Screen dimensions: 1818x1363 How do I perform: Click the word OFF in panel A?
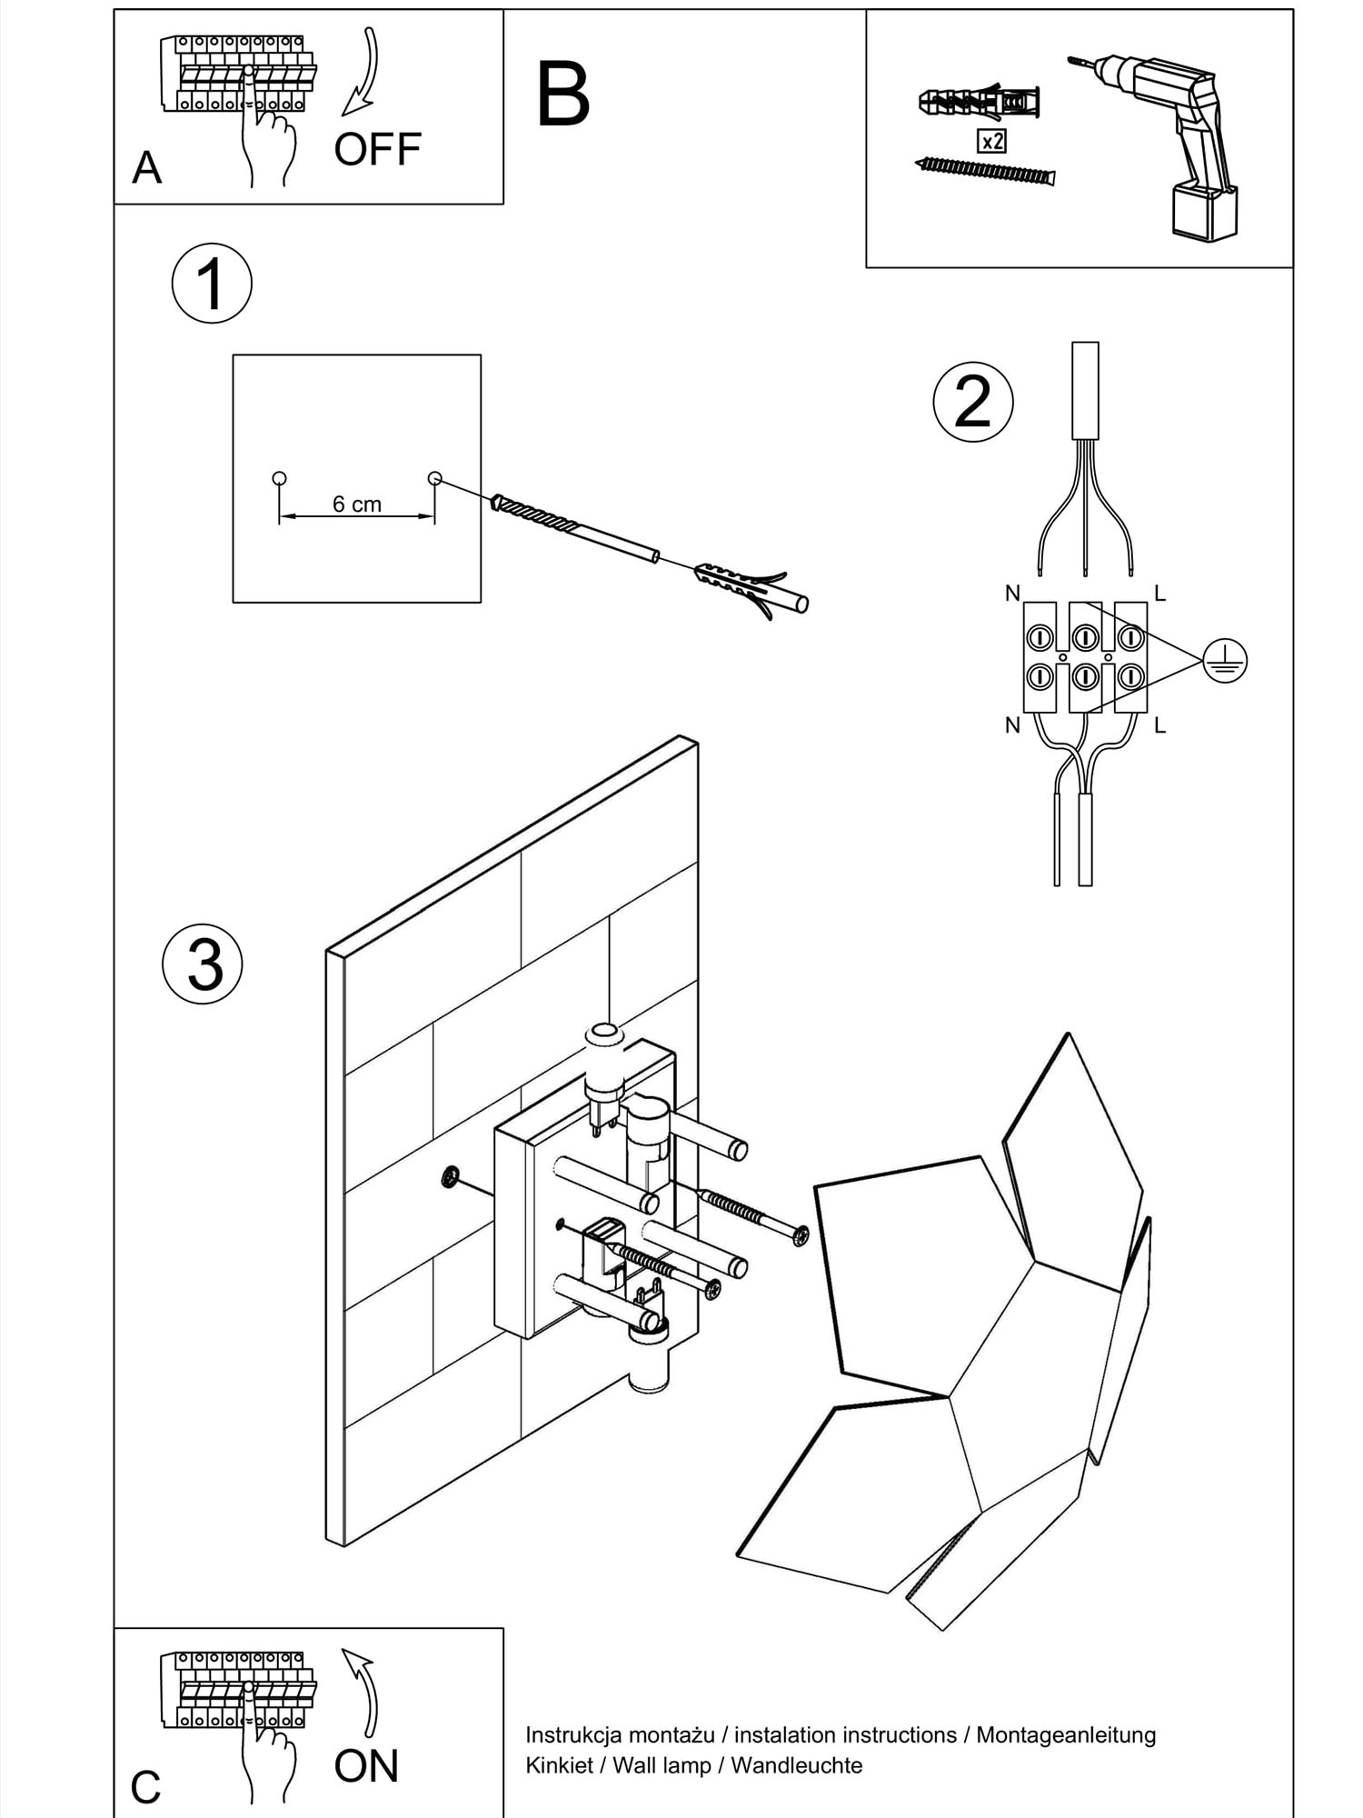click(x=377, y=149)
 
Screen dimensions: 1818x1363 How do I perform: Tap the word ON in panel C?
click(x=366, y=1765)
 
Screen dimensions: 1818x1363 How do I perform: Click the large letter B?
click(x=562, y=95)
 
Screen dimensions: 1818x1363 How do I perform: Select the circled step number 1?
click(x=212, y=284)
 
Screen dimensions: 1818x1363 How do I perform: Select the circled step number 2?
click(x=973, y=402)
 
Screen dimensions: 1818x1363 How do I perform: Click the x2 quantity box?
click(x=991, y=141)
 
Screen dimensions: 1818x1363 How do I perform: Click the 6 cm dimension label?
click(x=356, y=504)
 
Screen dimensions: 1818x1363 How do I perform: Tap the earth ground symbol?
click(x=1224, y=660)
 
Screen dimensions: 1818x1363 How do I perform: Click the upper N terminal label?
click(x=1012, y=594)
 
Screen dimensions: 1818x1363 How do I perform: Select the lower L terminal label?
click(x=1159, y=725)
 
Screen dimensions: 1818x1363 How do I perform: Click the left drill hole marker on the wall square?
click(x=279, y=478)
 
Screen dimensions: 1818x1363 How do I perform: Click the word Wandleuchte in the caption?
click(x=796, y=1765)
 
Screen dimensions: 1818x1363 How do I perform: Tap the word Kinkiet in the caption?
click(x=559, y=1765)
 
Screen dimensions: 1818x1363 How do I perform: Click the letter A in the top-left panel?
click(x=146, y=168)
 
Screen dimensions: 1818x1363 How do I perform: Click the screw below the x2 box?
click(x=986, y=170)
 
